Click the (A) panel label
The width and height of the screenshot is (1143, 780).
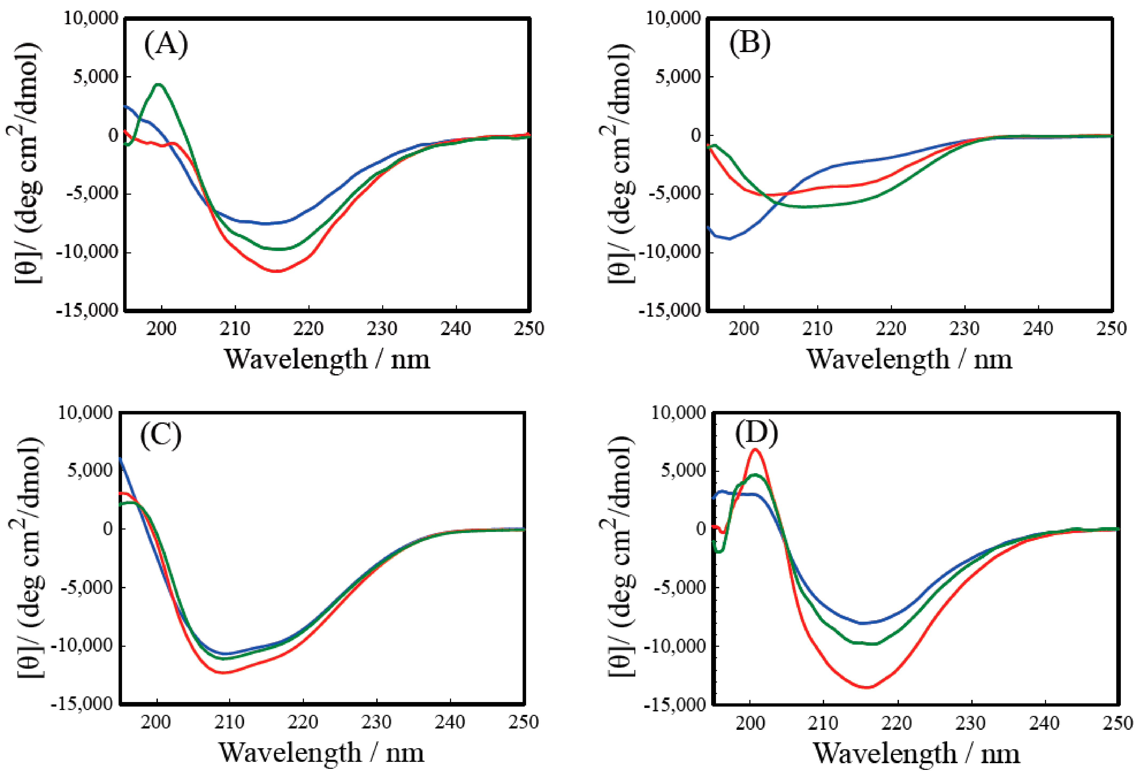[x=166, y=44]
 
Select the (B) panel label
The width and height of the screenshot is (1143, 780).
[x=750, y=43]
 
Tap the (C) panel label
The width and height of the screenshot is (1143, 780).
[x=161, y=436]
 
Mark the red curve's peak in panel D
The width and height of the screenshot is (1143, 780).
[x=756, y=449]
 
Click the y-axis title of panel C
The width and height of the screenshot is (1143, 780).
[x=30, y=557]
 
